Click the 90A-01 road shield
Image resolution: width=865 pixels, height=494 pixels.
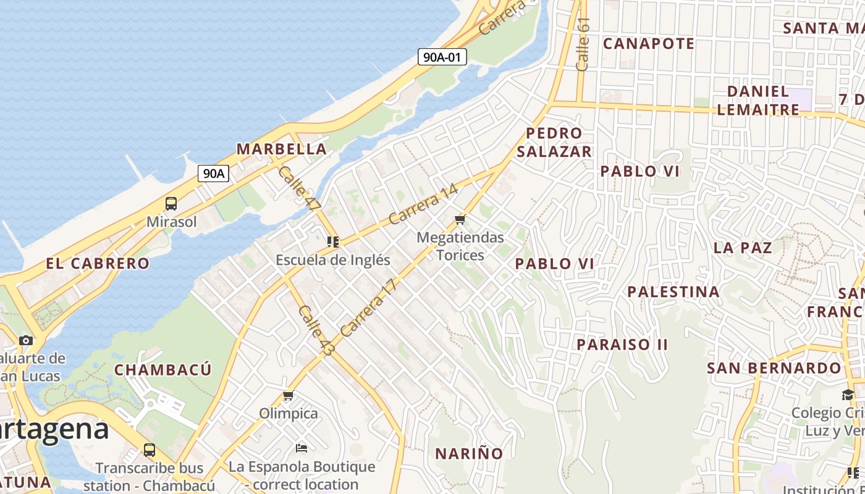pyautogui.click(x=441, y=57)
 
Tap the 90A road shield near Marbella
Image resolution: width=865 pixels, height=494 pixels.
pyautogui.click(x=214, y=174)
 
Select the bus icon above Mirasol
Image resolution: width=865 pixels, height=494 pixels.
pyautogui.click(x=171, y=204)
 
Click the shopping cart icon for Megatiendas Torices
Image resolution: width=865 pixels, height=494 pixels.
pyautogui.click(x=460, y=220)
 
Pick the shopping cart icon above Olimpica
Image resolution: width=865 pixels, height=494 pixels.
pyautogui.click(x=288, y=396)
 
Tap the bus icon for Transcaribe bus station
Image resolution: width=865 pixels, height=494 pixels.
pyautogui.click(x=149, y=450)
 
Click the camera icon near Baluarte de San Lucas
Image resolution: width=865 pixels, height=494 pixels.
pyautogui.click(x=26, y=340)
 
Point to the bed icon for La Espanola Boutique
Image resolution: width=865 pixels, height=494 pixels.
pyautogui.click(x=302, y=448)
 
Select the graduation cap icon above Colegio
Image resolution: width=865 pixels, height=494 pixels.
pyautogui.click(x=848, y=395)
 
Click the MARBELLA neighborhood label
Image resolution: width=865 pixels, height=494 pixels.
pyautogui.click(x=282, y=149)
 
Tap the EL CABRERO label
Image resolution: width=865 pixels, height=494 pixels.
pyautogui.click(x=98, y=264)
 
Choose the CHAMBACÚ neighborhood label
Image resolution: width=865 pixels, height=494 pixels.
pyautogui.click(x=163, y=370)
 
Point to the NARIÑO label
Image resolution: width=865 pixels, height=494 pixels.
pyautogui.click(x=470, y=454)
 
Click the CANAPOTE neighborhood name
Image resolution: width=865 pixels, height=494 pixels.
pyautogui.click(x=649, y=44)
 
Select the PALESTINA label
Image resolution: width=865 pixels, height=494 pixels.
pyautogui.click(x=673, y=291)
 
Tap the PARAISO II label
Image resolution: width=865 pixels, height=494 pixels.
pyautogui.click(x=622, y=345)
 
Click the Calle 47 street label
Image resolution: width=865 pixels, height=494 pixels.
pyautogui.click(x=299, y=188)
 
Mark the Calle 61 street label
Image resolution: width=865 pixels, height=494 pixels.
pyautogui.click(x=583, y=44)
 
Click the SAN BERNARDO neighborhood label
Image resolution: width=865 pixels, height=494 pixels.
pyautogui.click(x=774, y=369)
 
